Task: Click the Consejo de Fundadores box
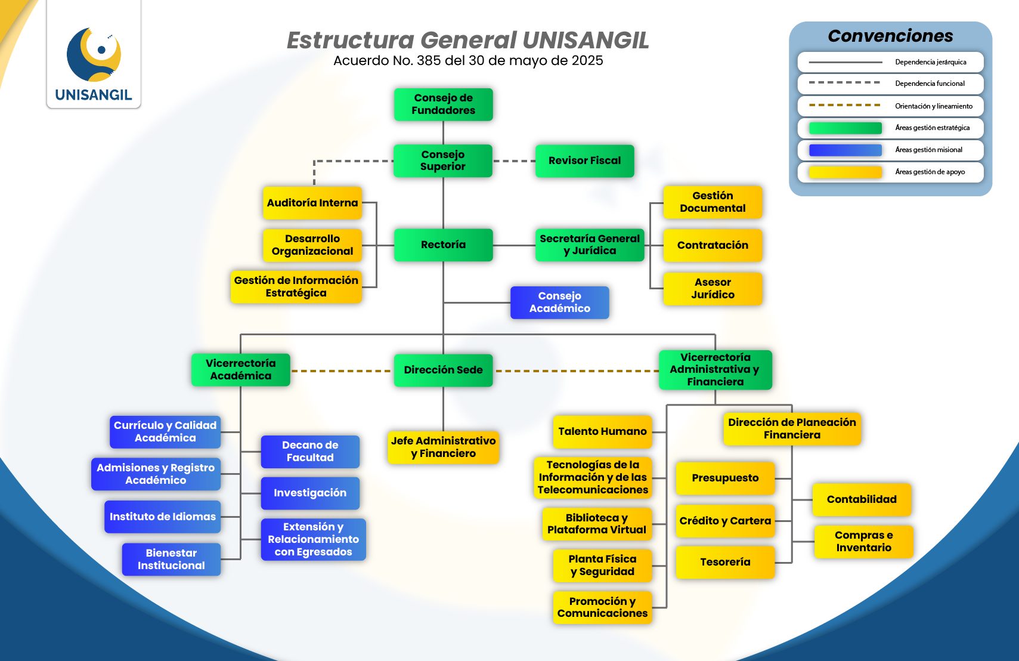(443, 104)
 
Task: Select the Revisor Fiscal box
(584, 160)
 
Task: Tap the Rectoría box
(443, 245)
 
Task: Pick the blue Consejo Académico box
(559, 302)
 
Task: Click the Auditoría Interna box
(312, 203)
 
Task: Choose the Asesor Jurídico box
(713, 289)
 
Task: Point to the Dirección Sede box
(443, 370)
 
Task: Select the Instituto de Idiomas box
(162, 517)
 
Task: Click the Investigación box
(310, 493)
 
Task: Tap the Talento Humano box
(602, 431)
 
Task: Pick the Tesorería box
(725, 562)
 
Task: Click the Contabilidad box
(862, 499)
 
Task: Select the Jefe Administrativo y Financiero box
(443, 447)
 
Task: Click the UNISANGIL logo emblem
(94, 54)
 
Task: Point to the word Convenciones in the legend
(890, 36)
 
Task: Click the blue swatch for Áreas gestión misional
(845, 150)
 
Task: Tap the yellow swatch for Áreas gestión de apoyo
(845, 172)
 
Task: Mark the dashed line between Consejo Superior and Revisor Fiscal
(514, 161)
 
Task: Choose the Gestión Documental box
(713, 202)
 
